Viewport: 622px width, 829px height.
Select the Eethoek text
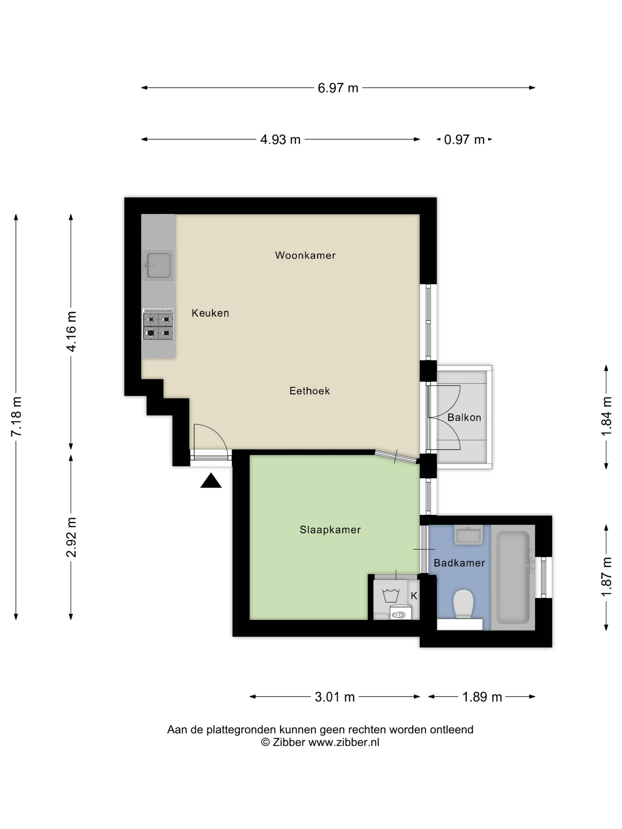point(309,391)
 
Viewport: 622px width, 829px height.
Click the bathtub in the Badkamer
point(513,578)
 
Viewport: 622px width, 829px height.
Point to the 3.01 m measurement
point(334,697)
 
